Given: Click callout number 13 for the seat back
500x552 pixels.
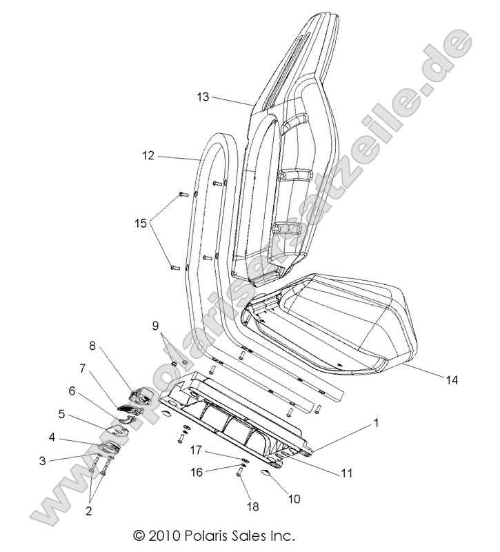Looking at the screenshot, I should (202, 97).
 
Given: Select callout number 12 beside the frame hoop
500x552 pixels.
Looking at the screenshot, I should (148, 156).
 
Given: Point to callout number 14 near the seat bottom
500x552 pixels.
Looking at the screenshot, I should (452, 379).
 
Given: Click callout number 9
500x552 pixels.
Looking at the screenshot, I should (155, 325).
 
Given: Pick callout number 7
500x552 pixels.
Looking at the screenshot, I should (83, 368).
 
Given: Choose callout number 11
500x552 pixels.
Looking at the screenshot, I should (346, 473).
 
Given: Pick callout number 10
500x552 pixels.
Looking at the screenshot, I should (294, 498).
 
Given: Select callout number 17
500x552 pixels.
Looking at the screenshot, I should (196, 450).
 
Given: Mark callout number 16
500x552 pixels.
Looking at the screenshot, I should (196, 472).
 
